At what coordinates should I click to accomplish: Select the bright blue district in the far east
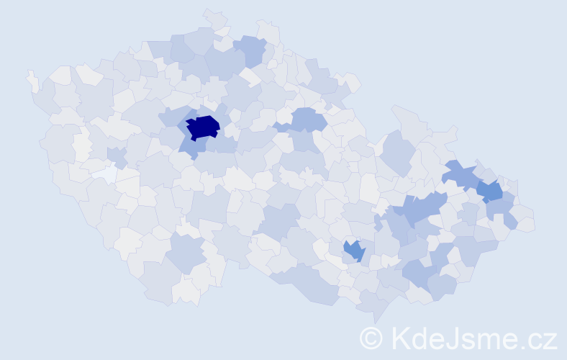coord(490,191)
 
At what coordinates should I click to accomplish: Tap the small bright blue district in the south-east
coord(354,251)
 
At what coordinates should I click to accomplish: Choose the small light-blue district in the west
coord(116,154)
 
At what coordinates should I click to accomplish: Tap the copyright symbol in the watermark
coord(371,338)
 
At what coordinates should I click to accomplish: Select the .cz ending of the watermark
coord(539,338)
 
